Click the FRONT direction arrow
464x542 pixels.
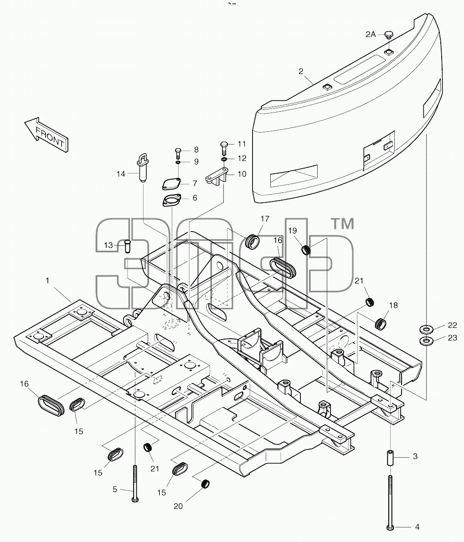pos(46,134)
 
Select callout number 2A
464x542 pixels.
pos(371,34)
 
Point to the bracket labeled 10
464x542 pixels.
pos(217,177)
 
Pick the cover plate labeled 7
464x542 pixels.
pos(171,183)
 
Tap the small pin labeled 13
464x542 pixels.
pos(127,246)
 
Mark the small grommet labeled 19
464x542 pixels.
pos(305,249)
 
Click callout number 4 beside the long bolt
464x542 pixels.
pos(418,527)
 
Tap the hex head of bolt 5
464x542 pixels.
pos(135,499)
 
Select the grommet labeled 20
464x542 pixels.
pos(206,483)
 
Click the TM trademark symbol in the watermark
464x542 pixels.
pos(343,224)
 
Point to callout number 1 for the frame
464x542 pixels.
pos(47,280)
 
